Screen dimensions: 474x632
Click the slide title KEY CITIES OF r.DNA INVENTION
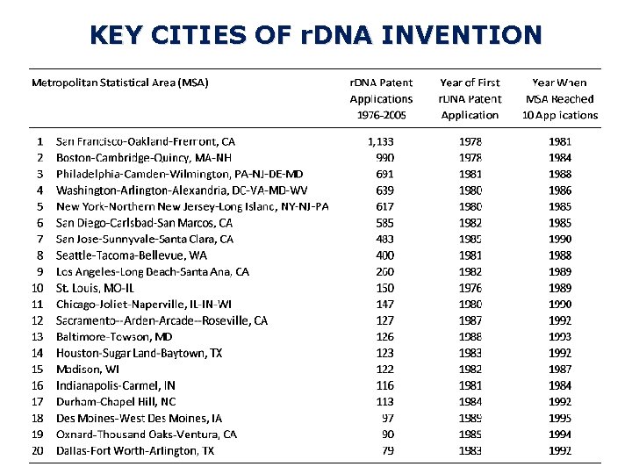[316, 35]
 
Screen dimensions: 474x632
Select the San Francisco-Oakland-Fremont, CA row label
[146, 141]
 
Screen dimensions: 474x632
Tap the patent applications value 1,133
[381, 141]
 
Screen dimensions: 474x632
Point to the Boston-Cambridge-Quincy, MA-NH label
[144, 158]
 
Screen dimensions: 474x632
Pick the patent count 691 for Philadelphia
[384, 174]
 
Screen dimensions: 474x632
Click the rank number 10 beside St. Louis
[38, 288]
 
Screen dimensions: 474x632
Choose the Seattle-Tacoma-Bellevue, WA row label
[132, 255]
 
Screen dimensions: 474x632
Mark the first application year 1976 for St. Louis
[470, 288]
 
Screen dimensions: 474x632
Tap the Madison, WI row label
[88, 370]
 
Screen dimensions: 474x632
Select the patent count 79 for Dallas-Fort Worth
[387, 451]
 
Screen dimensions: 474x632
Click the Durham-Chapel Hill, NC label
[116, 402]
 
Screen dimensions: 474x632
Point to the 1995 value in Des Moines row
[560, 419]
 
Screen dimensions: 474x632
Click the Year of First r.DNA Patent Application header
[470, 99]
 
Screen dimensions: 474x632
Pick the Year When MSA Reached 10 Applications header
[560, 99]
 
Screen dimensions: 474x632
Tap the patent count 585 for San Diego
[384, 223]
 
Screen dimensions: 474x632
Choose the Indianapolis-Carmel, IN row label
[116, 385]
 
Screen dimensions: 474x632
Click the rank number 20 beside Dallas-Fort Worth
[38, 451]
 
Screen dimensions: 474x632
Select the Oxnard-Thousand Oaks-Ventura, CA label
[147, 434]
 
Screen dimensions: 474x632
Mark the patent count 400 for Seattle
[384, 255]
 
